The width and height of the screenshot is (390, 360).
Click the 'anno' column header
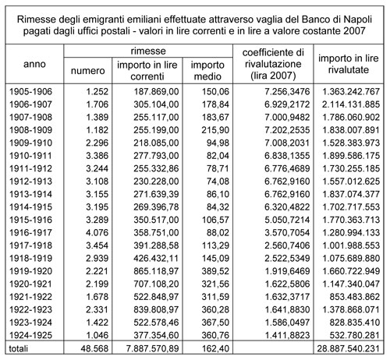coord(34,64)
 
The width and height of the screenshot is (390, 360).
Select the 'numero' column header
coord(87,71)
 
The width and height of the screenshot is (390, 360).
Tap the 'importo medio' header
coord(207,70)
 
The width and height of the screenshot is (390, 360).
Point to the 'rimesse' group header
coord(148,51)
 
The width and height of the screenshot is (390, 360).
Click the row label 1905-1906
coord(30,91)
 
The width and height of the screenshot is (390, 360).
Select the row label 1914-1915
coord(30,207)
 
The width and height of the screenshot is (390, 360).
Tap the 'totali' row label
coord(18,348)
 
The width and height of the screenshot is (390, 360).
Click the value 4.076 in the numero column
coord(97,232)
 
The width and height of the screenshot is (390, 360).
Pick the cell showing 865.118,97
coord(156,271)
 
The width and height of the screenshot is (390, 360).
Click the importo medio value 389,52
coord(215,271)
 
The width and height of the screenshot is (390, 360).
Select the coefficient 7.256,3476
coord(287,91)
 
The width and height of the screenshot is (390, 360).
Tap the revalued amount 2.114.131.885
coord(351,104)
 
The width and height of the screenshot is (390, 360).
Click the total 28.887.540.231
coord(348,348)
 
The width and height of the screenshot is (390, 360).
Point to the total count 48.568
coord(94,348)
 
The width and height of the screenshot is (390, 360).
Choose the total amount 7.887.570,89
coord(153,348)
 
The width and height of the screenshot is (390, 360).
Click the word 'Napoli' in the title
coord(358,19)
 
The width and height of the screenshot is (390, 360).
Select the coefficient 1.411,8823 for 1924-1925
coord(287,335)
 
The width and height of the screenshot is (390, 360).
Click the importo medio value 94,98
coord(218,143)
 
